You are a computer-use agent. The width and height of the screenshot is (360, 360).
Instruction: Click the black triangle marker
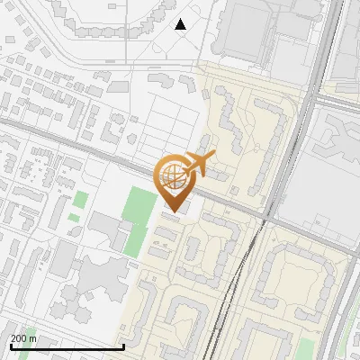[x=181, y=24]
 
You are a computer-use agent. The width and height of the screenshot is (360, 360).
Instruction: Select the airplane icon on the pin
[x=199, y=163]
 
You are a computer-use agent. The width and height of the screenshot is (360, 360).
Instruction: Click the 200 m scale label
[x=23, y=338]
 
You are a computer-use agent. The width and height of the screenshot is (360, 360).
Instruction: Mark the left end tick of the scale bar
[x=10, y=346]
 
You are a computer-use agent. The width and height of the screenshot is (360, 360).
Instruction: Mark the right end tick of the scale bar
[x=123, y=346]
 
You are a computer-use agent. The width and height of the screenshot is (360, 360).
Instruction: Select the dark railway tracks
[x=236, y=288]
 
